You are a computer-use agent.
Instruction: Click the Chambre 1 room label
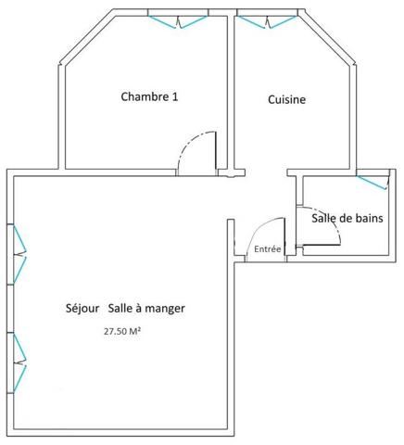(149, 96)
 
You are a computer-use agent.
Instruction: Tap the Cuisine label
(287, 99)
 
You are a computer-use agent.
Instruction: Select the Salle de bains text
(347, 218)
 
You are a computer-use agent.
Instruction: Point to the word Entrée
(268, 249)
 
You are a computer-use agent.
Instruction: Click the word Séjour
(82, 309)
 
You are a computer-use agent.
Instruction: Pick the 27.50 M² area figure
(122, 331)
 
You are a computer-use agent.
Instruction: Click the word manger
(165, 309)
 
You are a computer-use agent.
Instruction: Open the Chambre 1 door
(216, 154)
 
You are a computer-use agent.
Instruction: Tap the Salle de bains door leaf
(322, 245)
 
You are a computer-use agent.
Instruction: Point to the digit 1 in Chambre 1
(175, 96)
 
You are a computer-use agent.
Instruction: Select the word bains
(368, 218)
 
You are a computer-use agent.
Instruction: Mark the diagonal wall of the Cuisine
(328, 37)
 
